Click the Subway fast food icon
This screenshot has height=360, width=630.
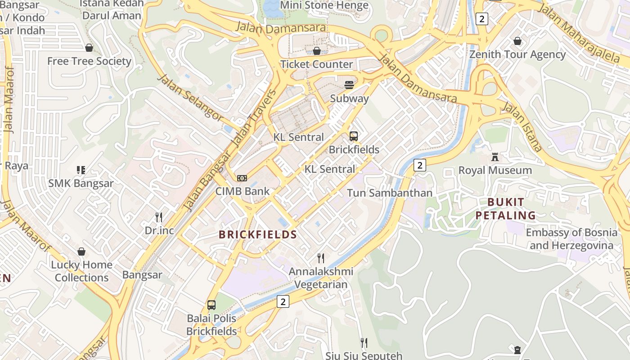[349, 85]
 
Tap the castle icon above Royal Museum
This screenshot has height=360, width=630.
[495, 157]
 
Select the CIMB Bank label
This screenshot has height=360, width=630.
[242, 191]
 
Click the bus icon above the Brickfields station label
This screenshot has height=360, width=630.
[354, 136]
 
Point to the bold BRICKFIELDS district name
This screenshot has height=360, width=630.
[258, 234]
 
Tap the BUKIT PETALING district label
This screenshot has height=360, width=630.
[506, 209]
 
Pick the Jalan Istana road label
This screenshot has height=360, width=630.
[522, 126]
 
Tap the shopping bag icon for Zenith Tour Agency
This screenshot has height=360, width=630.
[517, 41]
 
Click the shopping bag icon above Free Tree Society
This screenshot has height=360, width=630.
[89, 48]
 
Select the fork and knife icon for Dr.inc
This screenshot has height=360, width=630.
[159, 217]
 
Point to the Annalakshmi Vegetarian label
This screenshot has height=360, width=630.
[321, 278]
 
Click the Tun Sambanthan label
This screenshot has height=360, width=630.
[389, 193]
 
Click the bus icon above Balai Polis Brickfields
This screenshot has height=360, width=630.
[211, 305]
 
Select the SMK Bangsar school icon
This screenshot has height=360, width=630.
[81, 170]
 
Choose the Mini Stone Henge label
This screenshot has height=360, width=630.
[324, 5]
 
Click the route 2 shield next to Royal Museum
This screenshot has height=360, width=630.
[419, 165]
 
